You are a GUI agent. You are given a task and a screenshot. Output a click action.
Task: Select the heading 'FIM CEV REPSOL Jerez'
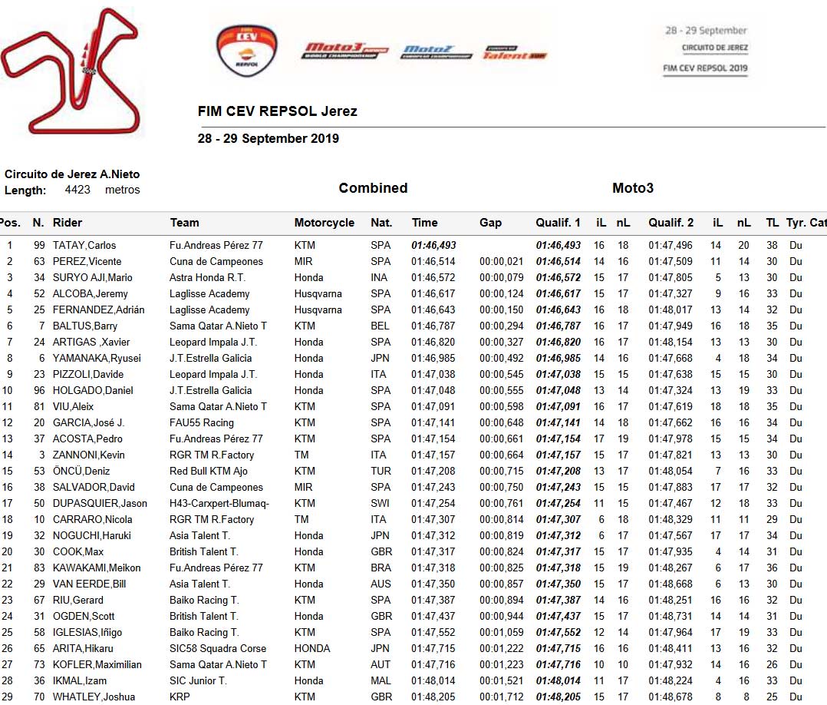tap(277, 111)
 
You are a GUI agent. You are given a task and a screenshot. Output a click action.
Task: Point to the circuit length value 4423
tap(78, 190)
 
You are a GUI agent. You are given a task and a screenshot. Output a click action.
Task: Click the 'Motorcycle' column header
tap(324, 223)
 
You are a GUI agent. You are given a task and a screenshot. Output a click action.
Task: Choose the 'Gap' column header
tap(490, 223)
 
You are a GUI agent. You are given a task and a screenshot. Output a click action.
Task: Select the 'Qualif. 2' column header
tap(670, 223)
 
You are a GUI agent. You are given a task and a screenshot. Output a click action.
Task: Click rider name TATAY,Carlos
tap(84, 246)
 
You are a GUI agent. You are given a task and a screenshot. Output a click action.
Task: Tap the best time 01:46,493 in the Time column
tap(434, 246)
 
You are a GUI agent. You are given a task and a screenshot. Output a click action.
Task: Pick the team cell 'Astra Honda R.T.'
tap(207, 277)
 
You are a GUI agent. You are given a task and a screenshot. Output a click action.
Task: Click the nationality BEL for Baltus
tap(380, 326)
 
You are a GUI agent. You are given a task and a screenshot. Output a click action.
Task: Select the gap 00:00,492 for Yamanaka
tap(501, 358)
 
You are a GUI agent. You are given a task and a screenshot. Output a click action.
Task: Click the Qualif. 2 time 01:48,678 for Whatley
tap(670, 697)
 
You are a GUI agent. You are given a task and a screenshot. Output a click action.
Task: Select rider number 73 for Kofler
tap(38, 664)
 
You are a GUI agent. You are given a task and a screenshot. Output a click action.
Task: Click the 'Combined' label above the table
tap(373, 188)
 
